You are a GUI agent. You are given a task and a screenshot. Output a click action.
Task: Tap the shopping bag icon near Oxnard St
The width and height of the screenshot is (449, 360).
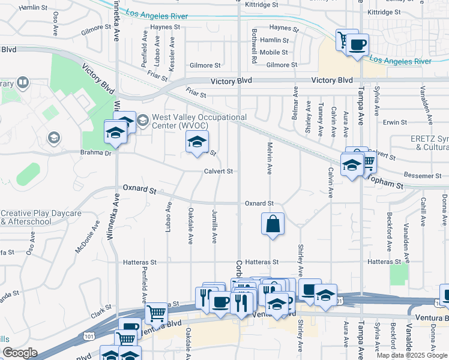point(273,224)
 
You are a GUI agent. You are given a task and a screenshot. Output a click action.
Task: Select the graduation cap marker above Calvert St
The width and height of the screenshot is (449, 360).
point(196,143)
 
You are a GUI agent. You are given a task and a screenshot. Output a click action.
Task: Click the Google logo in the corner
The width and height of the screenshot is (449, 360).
point(20,353)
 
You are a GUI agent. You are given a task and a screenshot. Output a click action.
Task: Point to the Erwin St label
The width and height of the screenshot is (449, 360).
point(395,122)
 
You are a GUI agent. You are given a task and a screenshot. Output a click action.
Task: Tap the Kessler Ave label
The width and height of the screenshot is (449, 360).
point(172,55)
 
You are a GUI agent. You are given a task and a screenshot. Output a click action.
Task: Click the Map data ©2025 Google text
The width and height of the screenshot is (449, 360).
point(412,355)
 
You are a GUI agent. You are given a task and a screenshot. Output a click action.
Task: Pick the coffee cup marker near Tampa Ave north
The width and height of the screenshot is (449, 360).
point(357,45)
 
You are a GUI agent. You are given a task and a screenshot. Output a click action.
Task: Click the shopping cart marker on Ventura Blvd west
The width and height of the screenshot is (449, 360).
point(156,312)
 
